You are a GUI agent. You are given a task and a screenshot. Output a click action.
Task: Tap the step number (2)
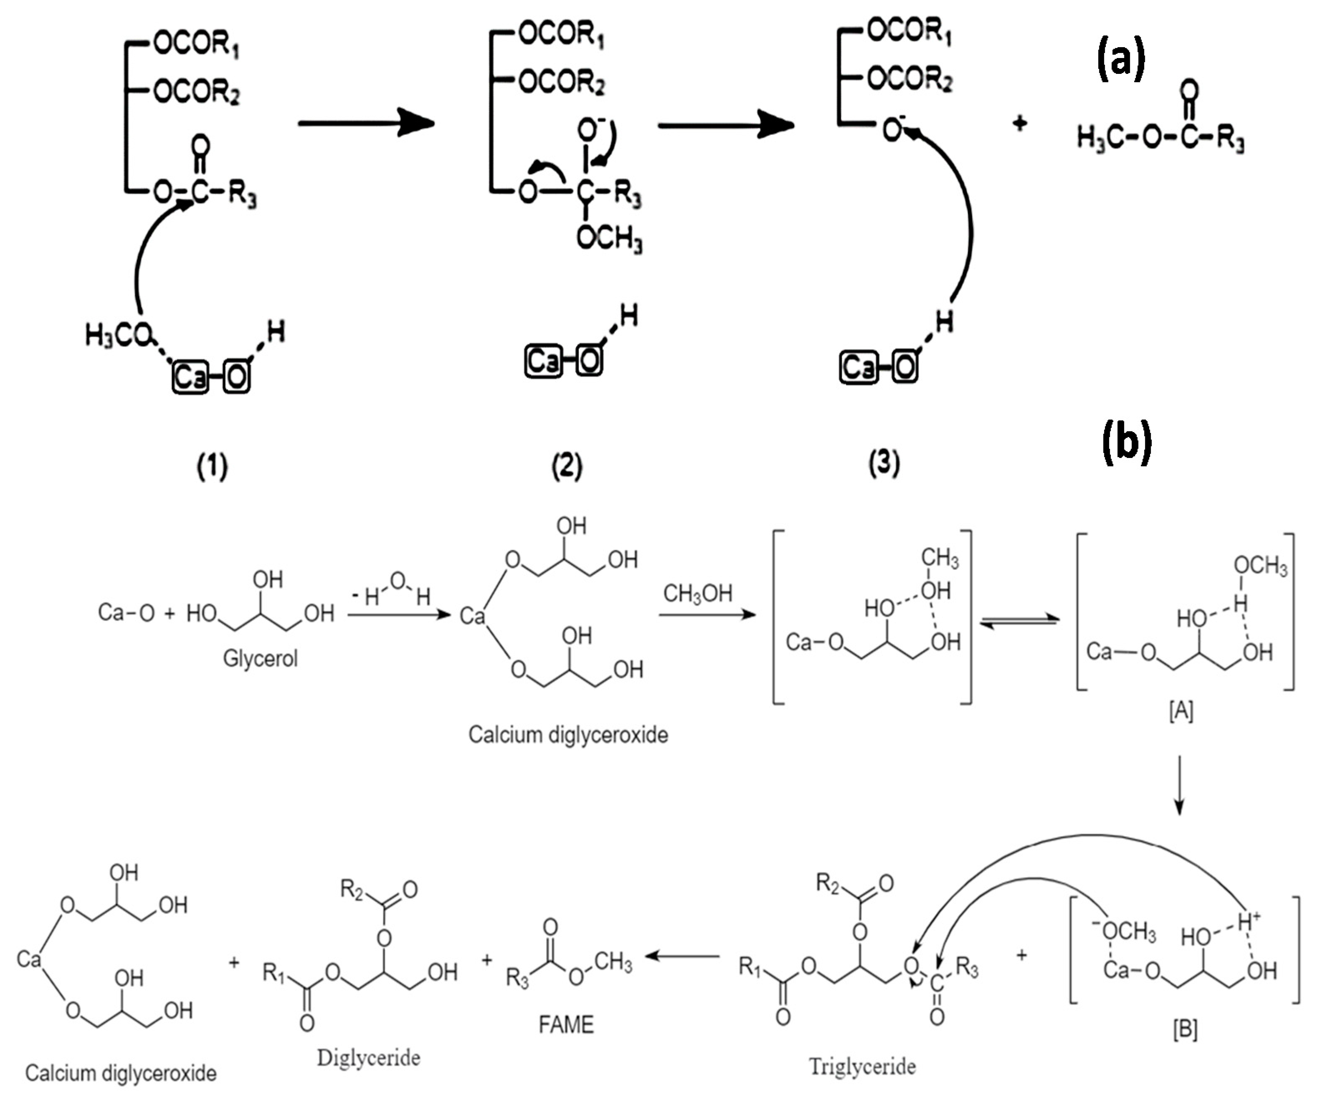click(x=566, y=466)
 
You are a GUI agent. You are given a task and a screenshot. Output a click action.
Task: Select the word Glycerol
click(x=260, y=658)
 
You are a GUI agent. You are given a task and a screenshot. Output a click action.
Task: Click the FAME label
click(x=566, y=1025)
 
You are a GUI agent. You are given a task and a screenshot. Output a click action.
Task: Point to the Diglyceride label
click(x=368, y=1058)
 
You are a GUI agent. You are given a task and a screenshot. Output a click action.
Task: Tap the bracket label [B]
click(x=1185, y=1029)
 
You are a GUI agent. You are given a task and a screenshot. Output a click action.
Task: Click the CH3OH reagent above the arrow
click(x=697, y=593)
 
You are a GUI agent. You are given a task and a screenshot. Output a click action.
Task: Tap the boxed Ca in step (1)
click(x=191, y=377)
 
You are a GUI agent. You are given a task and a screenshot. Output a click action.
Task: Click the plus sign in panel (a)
click(x=1020, y=124)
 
